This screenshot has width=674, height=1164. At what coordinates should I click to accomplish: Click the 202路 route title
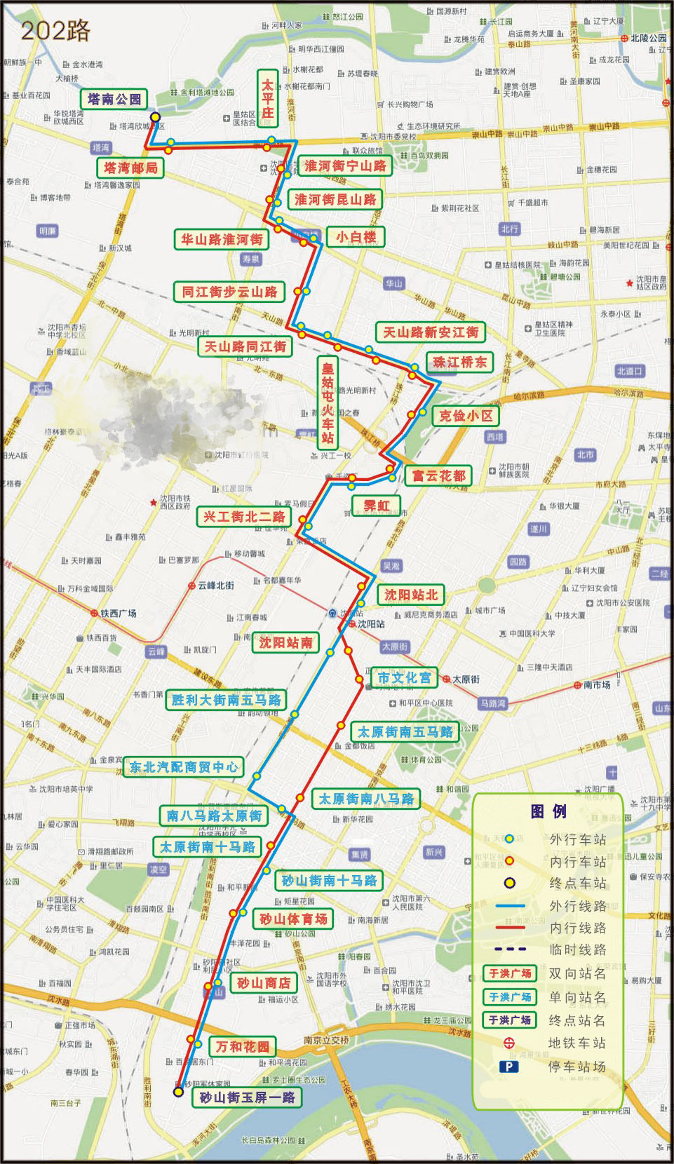tap(55, 31)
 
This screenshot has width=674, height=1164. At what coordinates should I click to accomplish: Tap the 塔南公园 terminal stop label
tap(114, 100)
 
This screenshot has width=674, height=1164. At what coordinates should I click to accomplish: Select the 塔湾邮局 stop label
tap(130, 168)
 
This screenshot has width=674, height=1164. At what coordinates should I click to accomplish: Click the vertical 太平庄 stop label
tap(267, 98)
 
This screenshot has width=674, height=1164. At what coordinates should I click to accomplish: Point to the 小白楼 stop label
tap(356, 237)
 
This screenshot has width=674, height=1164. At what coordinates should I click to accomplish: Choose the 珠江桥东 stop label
tap(459, 362)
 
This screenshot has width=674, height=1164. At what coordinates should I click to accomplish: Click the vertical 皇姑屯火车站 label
tap(328, 402)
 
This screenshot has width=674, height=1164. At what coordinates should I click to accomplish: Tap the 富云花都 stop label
tap(438, 475)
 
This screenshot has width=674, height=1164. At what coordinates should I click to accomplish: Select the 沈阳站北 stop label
tap(411, 595)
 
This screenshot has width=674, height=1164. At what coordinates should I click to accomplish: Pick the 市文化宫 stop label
tap(404, 677)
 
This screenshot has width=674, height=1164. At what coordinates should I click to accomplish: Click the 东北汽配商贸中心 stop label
tap(184, 766)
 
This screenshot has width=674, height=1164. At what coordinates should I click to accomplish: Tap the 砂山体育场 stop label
tap(293, 919)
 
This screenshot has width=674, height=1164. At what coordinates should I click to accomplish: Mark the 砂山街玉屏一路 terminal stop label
tap(247, 1097)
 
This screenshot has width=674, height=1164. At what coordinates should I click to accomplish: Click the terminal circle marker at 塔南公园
tap(155, 117)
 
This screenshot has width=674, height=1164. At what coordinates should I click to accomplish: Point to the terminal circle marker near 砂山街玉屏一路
tap(178, 1092)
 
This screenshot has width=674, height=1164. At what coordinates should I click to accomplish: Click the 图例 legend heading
tap(548, 811)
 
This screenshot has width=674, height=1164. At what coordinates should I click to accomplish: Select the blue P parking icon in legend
tap(508, 1067)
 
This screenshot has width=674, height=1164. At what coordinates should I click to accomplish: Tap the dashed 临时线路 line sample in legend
tap(510, 949)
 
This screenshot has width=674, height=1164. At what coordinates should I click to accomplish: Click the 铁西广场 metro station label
tap(118, 613)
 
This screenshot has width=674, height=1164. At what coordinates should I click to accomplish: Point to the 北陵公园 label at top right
tap(648, 38)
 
